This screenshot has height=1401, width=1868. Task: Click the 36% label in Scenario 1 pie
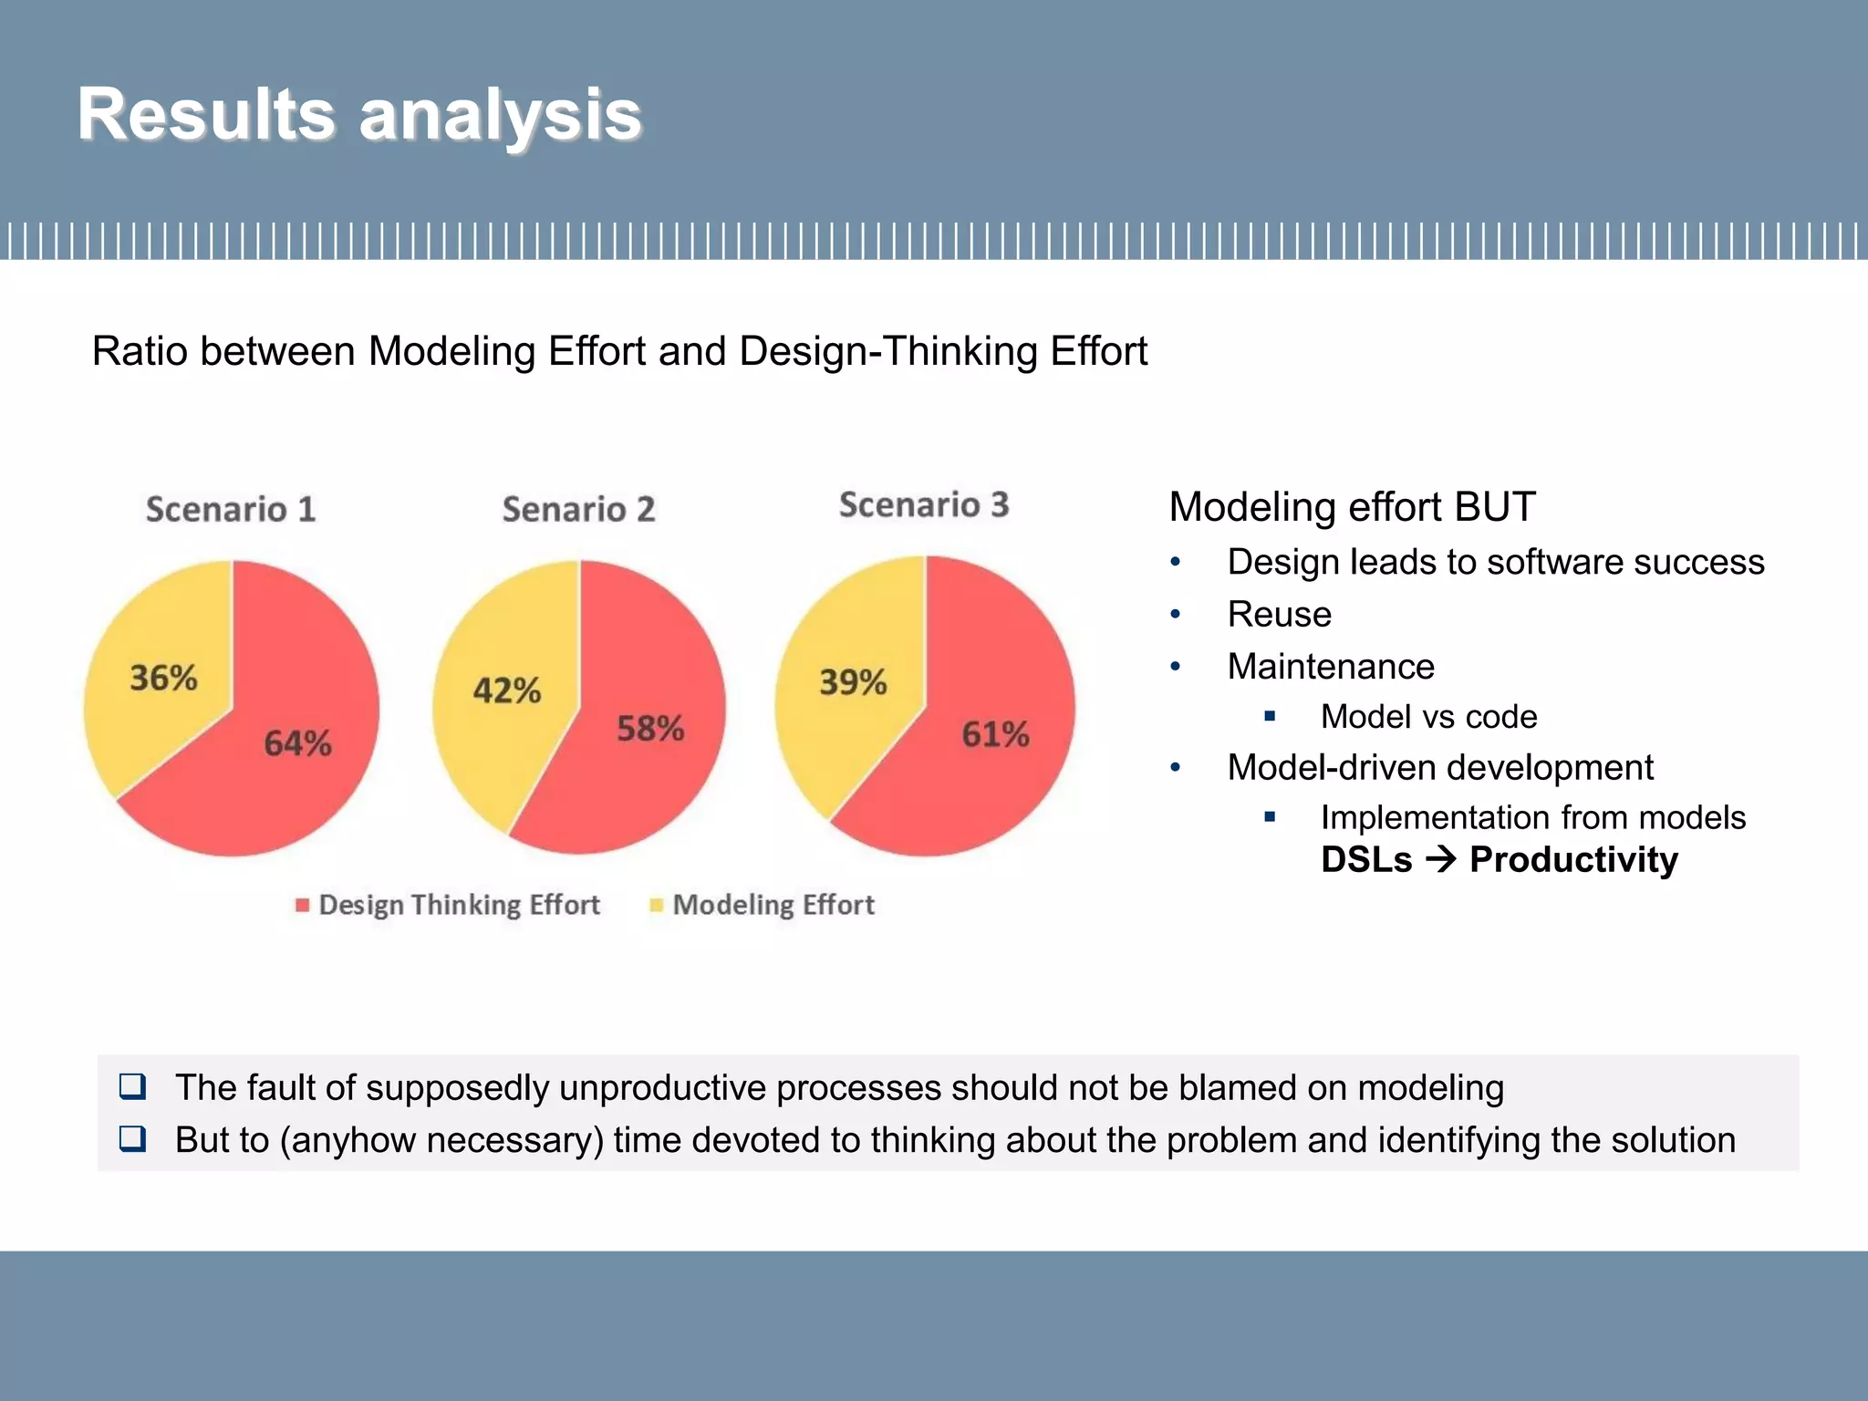tap(163, 678)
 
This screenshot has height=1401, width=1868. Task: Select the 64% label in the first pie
tap(297, 743)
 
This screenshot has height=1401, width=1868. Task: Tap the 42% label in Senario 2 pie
tap(506, 690)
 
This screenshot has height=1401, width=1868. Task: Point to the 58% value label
tap(650, 729)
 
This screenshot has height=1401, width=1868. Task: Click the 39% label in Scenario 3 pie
tap(853, 682)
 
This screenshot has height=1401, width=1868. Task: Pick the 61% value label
tap(995, 734)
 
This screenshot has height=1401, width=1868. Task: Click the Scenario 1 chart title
tap(231, 509)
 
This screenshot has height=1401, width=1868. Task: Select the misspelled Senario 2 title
tap(578, 509)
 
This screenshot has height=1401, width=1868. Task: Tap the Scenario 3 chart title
tap(924, 504)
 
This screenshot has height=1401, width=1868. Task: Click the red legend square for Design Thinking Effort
tap(303, 905)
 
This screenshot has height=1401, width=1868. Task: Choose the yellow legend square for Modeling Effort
tap(656, 905)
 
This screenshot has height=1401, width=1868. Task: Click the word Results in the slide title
tap(206, 115)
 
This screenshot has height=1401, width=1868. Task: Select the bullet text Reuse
tap(1279, 615)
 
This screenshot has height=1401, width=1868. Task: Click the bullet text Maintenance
tap(1330, 667)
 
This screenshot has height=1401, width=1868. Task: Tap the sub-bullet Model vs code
tap(1428, 717)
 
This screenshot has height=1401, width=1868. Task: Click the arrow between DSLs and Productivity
tap(1441, 859)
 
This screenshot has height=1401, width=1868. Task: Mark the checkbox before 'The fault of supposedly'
tap(133, 1086)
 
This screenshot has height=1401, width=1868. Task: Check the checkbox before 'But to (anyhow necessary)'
tap(133, 1139)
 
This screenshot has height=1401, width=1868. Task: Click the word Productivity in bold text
tap(1573, 860)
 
